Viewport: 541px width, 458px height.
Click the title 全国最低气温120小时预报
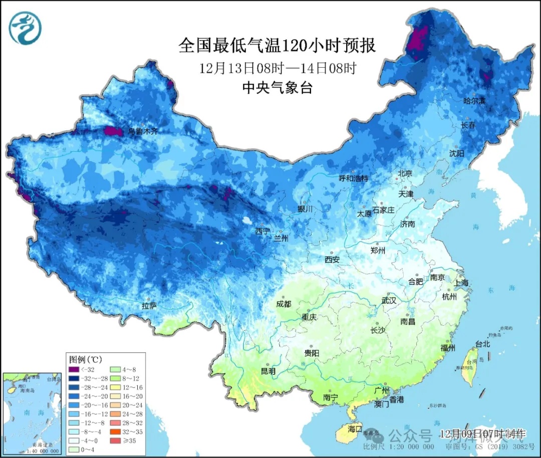(277, 46)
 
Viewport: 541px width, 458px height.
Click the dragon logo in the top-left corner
(25, 28)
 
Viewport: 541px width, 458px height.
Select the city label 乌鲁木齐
(142, 131)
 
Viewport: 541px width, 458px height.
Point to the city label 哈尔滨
(474, 101)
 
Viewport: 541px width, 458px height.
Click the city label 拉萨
(149, 305)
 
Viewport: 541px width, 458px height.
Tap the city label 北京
(404, 173)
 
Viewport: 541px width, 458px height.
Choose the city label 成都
(284, 304)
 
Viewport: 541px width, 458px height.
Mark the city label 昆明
(268, 371)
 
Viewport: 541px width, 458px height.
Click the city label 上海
(461, 283)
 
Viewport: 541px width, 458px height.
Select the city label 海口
(355, 429)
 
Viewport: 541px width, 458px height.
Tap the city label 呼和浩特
(353, 178)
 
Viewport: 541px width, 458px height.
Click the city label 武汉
(389, 301)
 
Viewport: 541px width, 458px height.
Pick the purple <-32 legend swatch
(74, 370)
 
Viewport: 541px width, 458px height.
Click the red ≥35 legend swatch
(113, 441)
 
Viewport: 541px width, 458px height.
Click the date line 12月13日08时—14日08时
(277, 68)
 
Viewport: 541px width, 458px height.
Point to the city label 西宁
(262, 232)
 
